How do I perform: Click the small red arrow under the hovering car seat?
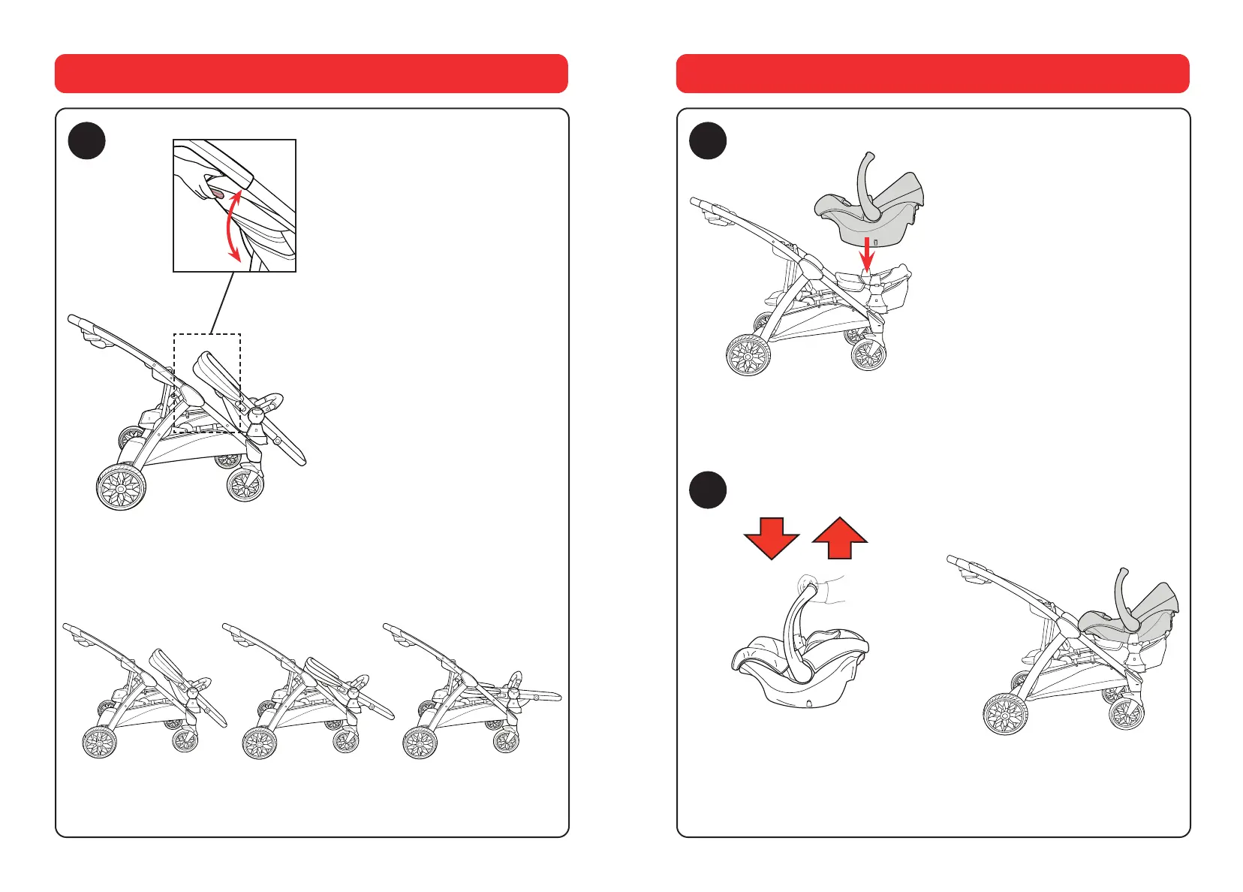(x=867, y=255)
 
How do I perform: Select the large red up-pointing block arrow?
(x=840, y=538)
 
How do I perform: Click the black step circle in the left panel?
(x=86, y=140)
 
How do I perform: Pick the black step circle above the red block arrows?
(x=708, y=490)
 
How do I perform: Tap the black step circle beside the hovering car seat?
(x=708, y=140)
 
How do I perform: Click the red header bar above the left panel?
(x=312, y=74)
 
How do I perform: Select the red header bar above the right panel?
(x=932, y=74)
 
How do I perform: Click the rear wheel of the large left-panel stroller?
(x=121, y=487)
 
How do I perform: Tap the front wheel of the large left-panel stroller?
(x=245, y=484)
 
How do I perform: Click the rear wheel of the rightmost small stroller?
(x=420, y=743)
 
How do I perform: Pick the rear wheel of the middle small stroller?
(x=260, y=743)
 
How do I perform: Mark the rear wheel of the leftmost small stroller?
(x=99, y=743)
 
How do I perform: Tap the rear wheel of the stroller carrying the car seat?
(x=1006, y=713)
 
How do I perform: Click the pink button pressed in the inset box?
(x=218, y=195)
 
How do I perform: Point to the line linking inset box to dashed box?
(x=222, y=303)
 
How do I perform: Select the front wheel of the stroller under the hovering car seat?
(x=868, y=354)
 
